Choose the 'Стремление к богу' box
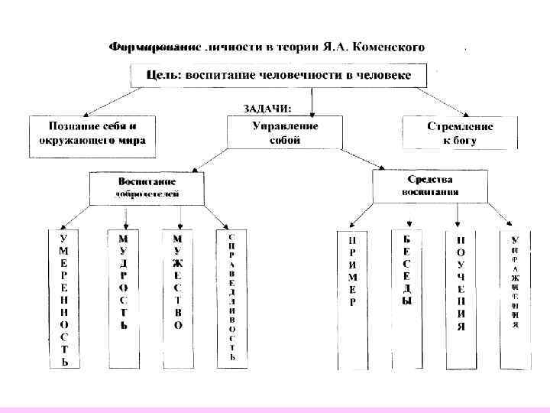click(x=460, y=132)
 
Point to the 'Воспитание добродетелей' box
click(x=147, y=187)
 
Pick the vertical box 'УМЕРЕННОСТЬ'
click(x=64, y=298)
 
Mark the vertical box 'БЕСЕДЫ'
click(x=406, y=272)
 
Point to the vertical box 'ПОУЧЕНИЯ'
click(x=461, y=282)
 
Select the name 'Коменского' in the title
click(x=389, y=47)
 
